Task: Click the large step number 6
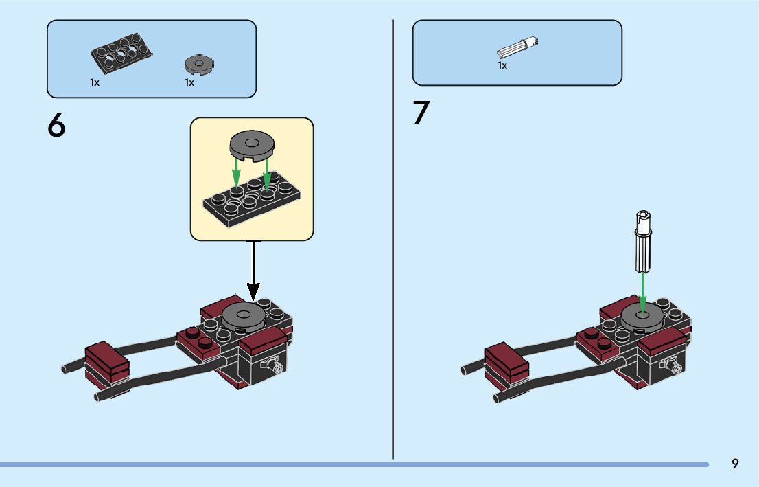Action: [56, 125]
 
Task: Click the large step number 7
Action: [421, 113]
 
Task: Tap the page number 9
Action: [735, 463]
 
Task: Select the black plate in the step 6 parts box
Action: [121, 54]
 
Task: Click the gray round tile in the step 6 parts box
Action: [199, 65]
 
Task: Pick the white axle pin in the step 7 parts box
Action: [517, 47]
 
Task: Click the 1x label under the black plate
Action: [95, 82]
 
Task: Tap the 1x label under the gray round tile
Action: [189, 82]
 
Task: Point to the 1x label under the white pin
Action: [502, 65]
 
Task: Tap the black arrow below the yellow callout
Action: [253, 270]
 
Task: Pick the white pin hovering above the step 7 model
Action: [643, 241]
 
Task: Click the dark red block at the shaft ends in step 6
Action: [107, 366]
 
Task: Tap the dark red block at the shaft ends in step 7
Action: [507, 366]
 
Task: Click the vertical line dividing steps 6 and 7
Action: [393, 240]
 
